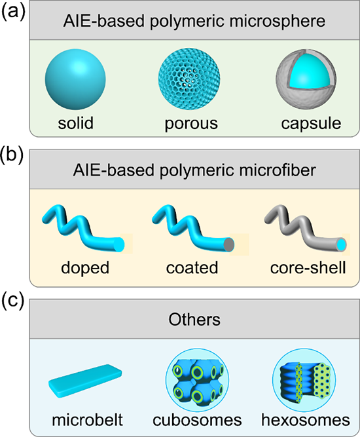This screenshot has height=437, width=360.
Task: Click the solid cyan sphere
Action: coord(75,79)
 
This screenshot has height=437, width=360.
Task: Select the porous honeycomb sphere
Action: coord(189,79)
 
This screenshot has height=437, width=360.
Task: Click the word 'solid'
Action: coord(75,123)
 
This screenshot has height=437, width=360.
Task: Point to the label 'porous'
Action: coord(191,124)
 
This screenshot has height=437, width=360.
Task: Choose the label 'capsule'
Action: coord(311,124)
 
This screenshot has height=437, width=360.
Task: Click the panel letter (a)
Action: coord(13,12)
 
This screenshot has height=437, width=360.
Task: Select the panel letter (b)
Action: coord(13,155)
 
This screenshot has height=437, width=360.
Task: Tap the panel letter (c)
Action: coord(13,301)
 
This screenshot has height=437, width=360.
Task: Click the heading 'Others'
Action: coord(194,319)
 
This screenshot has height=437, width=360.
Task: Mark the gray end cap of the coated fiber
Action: coord(229,244)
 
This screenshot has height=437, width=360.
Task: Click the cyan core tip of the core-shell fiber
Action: coord(342,244)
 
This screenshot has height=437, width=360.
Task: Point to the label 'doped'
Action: coord(85,269)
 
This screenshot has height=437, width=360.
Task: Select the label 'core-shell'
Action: coord(308,267)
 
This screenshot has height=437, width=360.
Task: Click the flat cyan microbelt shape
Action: coord(85,381)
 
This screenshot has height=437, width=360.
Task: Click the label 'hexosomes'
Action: coord(306,420)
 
